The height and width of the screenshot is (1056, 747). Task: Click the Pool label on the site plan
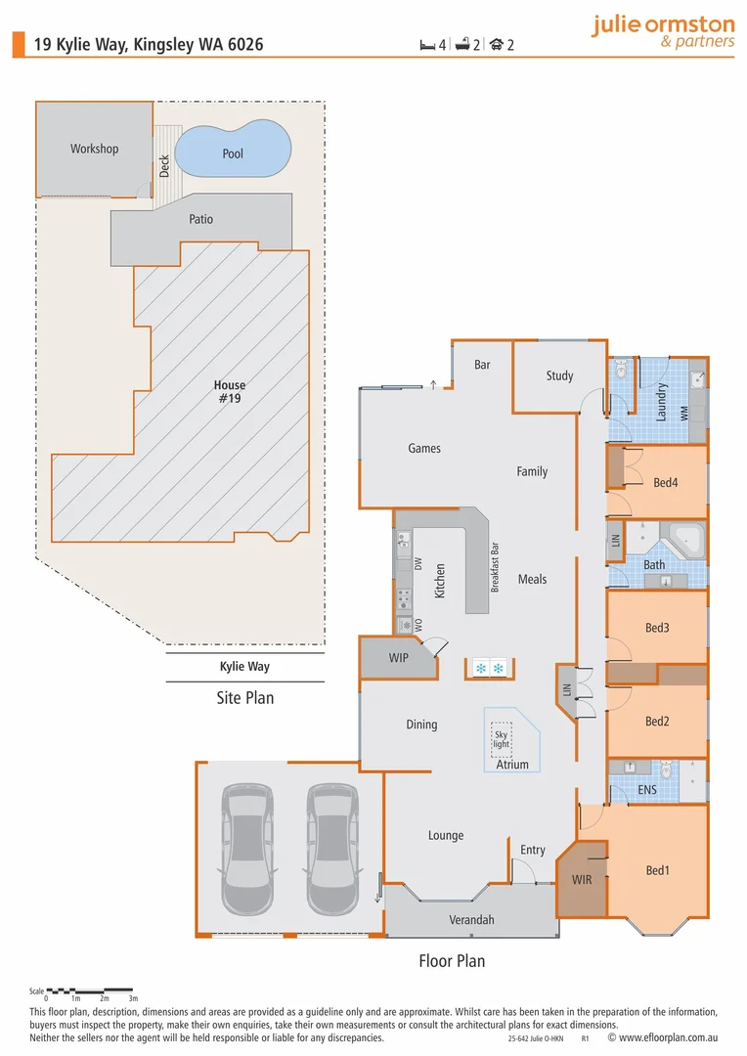(x=233, y=154)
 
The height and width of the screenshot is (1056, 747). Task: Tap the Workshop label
(x=94, y=149)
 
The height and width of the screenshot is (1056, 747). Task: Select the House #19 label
(x=230, y=392)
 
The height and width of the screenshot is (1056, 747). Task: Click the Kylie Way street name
(x=244, y=667)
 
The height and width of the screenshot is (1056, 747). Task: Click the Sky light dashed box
(x=502, y=738)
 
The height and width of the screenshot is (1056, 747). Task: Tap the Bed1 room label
(x=658, y=870)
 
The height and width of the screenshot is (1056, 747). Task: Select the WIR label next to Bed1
(x=583, y=880)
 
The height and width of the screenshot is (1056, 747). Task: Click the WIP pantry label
(x=398, y=658)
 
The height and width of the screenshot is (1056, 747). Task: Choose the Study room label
(x=559, y=375)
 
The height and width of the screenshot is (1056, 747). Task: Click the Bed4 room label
(x=665, y=482)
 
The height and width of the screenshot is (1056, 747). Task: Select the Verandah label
(x=471, y=920)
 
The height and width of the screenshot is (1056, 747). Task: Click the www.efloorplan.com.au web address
(x=671, y=1038)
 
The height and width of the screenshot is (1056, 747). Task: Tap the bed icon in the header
(x=426, y=44)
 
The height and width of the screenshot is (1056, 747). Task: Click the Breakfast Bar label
(x=496, y=568)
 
